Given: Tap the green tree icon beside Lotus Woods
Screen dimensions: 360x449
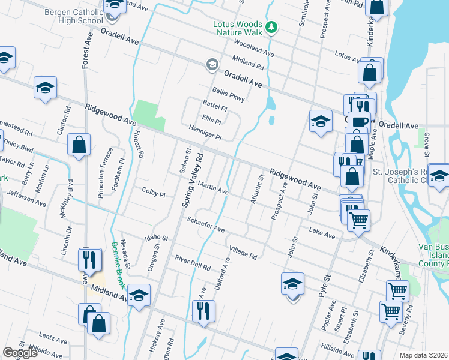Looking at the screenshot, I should click(271, 26).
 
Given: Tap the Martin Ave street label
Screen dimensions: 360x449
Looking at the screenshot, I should click(213, 188).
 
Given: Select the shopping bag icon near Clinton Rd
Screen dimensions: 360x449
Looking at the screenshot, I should click(79, 144).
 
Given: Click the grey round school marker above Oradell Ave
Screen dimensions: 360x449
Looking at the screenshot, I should click(212, 64).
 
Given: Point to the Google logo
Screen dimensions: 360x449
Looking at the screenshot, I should click(20, 353).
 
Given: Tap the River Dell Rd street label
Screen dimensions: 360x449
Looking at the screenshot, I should click(193, 263).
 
